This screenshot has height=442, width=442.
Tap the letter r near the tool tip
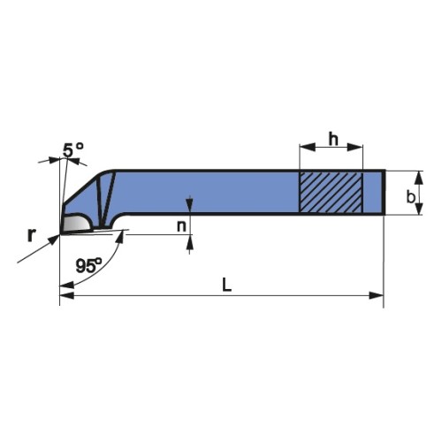(x=31, y=234)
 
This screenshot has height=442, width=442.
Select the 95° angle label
(x=89, y=264)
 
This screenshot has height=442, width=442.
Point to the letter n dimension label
(x=182, y=225)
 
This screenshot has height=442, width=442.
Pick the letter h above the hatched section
(x=332, y=139)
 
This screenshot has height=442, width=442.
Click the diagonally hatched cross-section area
(x=331, y=192)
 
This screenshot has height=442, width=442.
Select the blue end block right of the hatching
(x=373, y=192)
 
